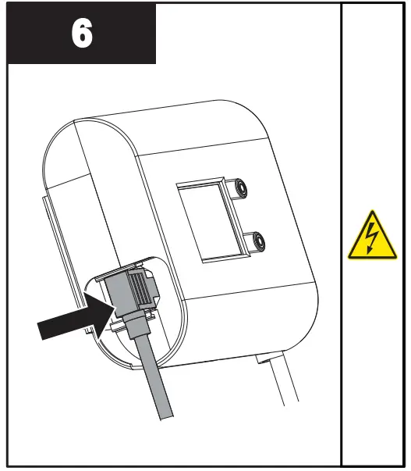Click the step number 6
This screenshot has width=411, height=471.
(x=81, y=34)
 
